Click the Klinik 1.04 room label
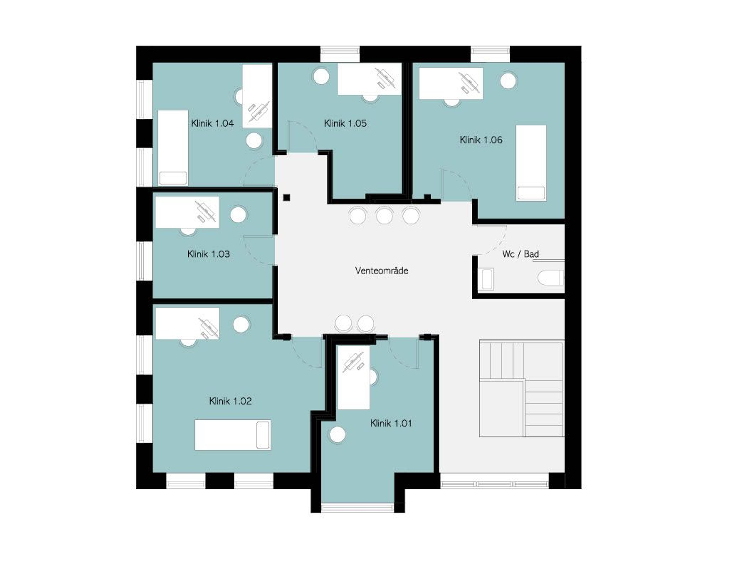tap(212, 123)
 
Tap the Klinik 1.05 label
tap(345, 123)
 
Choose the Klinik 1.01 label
tap(391, 423)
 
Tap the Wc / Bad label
tap(520, 254)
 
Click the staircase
tap(521, 388)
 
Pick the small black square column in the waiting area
tap(286, 198)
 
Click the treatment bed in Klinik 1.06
tap(531, 163)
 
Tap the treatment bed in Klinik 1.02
tap(233, 435)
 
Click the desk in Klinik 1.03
tap(187, 212)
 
